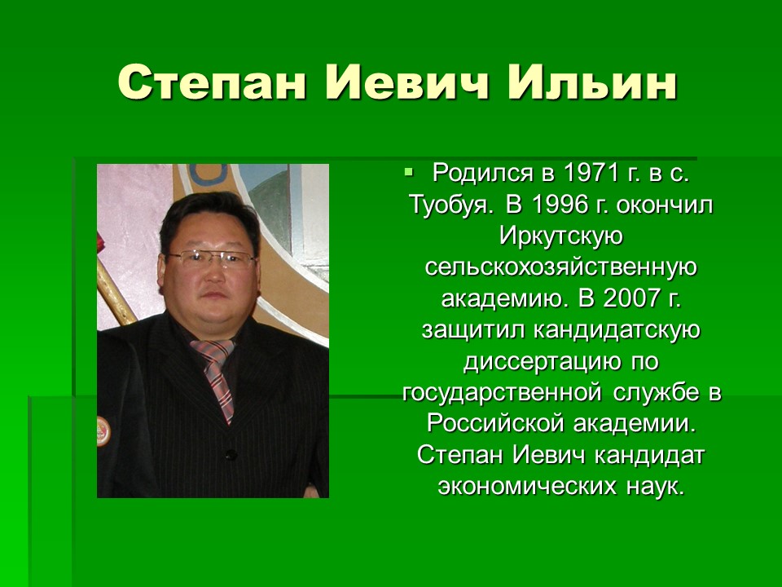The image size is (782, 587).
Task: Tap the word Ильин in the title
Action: (x=592, y=82)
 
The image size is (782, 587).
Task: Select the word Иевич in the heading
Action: (x=407, y=82)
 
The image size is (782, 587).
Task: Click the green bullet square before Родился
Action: (x=409, y=172)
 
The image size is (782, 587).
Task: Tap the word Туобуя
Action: (x=452, y=205)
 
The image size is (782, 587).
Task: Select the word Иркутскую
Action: (x=561, y=236)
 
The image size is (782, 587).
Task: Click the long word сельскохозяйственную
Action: (x=561, y=267)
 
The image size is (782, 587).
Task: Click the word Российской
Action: (x=496, y=424)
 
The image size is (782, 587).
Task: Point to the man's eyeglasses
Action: (x=212, y=259)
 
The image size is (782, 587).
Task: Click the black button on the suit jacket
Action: (x=231, y=455)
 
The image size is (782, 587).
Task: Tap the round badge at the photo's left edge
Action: (x=103, y=431)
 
